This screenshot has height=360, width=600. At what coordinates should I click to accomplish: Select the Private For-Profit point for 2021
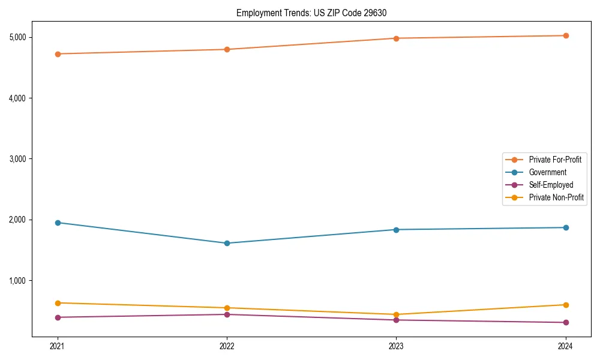click(x=58, y=54)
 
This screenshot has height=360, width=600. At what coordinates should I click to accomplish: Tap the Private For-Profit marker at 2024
click(x=565, y=35)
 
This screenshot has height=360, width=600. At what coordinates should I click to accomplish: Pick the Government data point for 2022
click(x=227, y=243)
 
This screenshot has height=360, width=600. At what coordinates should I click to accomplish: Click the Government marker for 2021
click(x=58, y=223)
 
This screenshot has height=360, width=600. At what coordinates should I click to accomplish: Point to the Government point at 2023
click(x=396, y=230)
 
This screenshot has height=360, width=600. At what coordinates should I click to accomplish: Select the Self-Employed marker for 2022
click(x=227, y=314)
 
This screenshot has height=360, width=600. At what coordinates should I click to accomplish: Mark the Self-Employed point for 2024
click(x=565, y=323)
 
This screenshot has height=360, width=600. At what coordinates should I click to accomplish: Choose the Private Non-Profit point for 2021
click(x=58, y=303)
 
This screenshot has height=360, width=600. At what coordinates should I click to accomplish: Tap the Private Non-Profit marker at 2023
click(x=396, y=314)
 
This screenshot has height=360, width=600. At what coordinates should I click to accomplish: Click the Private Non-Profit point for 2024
click(x=565, y=305)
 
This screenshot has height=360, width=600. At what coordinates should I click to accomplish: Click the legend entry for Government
click(x=547, y=172)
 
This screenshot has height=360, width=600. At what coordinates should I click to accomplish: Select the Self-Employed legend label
click(x=551, y=185)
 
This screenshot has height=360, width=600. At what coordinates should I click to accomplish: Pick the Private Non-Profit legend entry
click(x=556, y=197)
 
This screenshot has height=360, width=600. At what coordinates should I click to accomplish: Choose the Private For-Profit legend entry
click(x=554, y=160)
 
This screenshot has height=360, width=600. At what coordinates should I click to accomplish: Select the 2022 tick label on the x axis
click(x=227, y=346)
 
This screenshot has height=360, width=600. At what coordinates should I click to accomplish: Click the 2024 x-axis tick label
click(x=565, y=346)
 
